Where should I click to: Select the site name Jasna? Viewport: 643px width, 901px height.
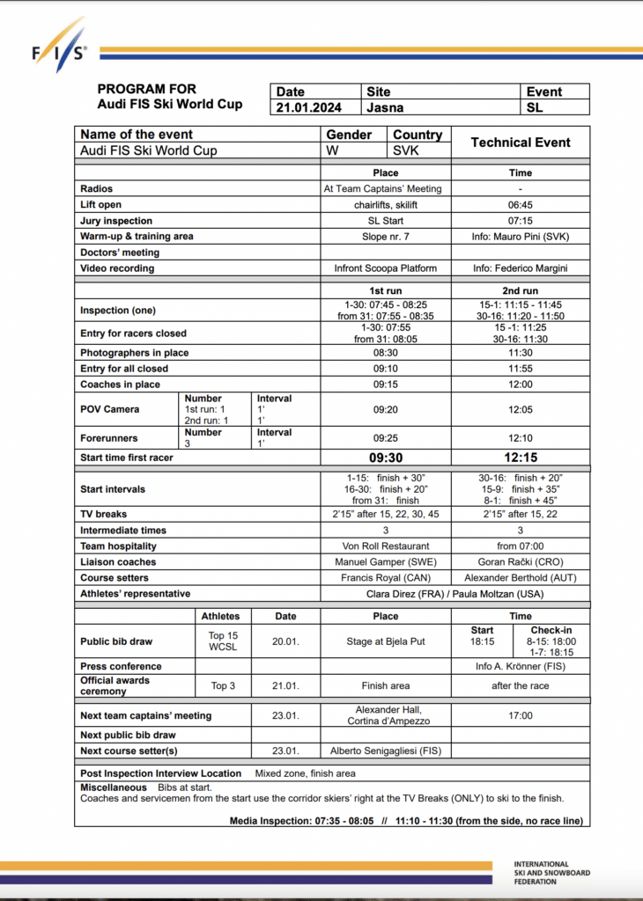coord(386,107)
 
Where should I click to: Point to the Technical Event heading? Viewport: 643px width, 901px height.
coord(521,143)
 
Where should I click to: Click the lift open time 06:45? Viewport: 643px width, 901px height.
coord(521,205)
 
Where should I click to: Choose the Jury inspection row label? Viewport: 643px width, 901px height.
coord(116,221)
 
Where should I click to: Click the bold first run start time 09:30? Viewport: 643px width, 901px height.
coord(386,458)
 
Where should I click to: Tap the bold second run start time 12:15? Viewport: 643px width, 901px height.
coord(521,458)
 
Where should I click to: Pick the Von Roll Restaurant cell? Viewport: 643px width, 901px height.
coord(386,546)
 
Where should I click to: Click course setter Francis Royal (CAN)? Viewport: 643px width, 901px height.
coord(386,578)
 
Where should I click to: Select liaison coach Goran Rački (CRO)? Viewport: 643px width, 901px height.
coord(521,562)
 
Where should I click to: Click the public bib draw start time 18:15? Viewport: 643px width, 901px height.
coord(482,642)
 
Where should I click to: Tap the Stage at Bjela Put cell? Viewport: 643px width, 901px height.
coord(386,641)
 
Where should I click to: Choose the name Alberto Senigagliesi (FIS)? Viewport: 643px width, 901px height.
coord(386,751)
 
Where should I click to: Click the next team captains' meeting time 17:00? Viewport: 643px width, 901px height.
coord(521,715)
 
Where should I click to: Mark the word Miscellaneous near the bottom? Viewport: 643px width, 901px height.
coord(114,787)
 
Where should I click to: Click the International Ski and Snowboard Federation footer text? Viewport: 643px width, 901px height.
coord(551,873)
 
